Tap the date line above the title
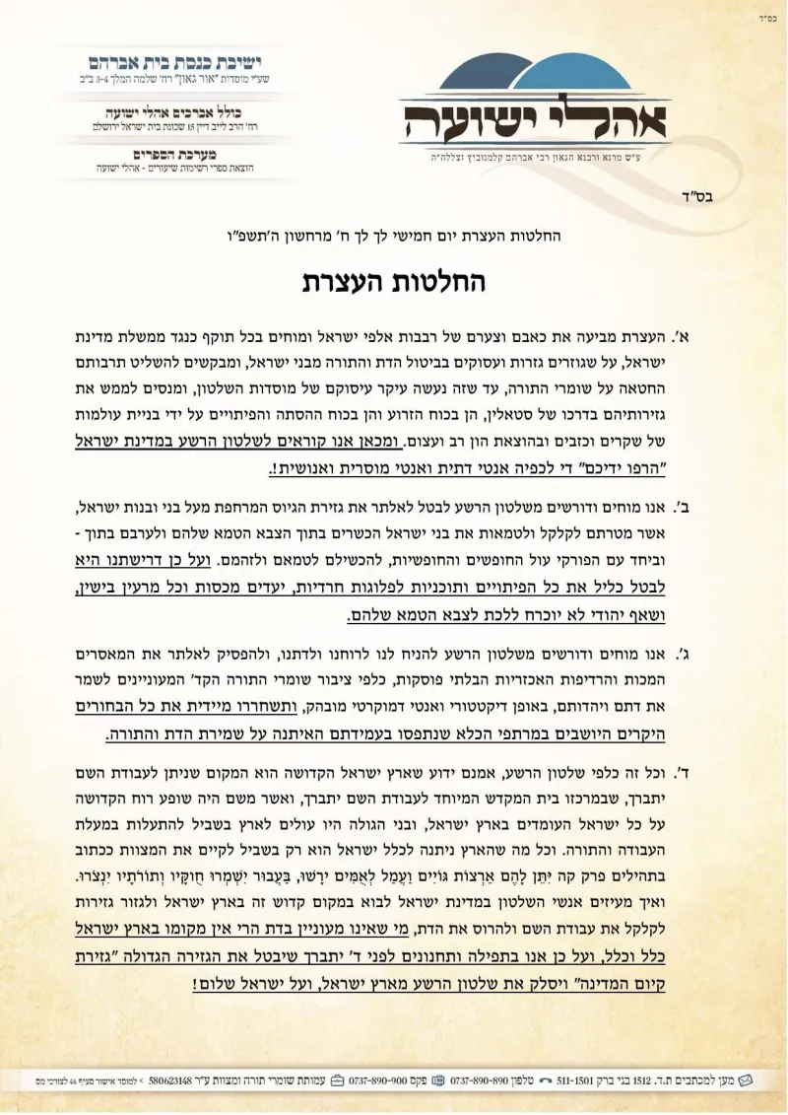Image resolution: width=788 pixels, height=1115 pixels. point(394,237)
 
